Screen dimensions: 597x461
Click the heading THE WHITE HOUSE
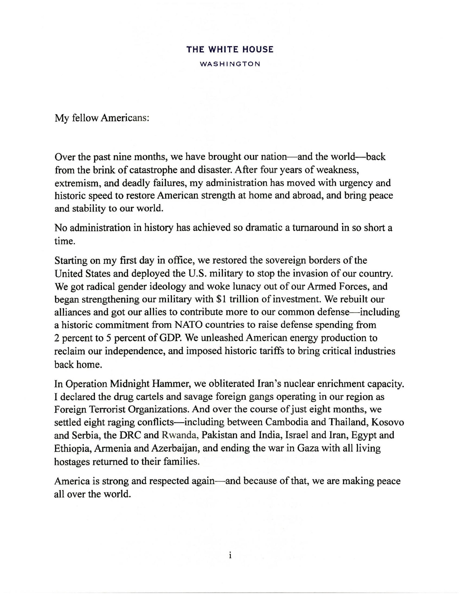point(230,49)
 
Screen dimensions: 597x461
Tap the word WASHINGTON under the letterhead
point(230,64)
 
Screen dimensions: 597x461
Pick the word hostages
point(72,462)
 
